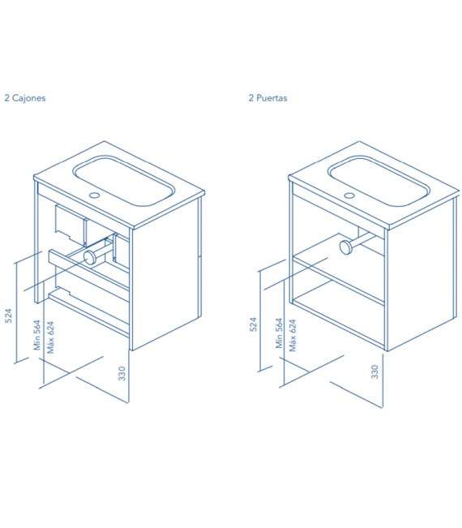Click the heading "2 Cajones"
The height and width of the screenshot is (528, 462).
tap(25, 98)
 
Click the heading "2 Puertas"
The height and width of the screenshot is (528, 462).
tap(267, 98)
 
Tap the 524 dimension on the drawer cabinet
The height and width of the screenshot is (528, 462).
tap(8, 316)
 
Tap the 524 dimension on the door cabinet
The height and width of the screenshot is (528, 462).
tap(253, 324)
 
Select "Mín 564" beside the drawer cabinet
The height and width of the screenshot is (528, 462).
tap(37, 335)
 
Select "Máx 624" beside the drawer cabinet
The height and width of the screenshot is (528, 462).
tap(50, 337)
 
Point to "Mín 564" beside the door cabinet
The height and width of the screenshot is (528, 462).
tap(279, 333)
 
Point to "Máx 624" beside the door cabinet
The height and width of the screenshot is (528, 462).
tap(293, 336)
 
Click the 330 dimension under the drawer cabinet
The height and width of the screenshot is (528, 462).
tap(122, 373)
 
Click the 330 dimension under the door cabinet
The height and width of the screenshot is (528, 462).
tap(374, 371)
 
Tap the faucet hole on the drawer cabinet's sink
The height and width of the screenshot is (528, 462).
tap(95, 195)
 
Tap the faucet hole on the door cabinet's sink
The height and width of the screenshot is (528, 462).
tap(349, 195)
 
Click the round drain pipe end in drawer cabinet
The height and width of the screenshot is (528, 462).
tap(90, 257)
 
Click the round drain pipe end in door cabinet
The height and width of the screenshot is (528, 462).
tap(345, 247)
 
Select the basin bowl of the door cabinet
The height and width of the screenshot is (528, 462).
tap(379, 181)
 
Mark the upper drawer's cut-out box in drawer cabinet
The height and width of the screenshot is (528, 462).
tap(71, 224)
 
